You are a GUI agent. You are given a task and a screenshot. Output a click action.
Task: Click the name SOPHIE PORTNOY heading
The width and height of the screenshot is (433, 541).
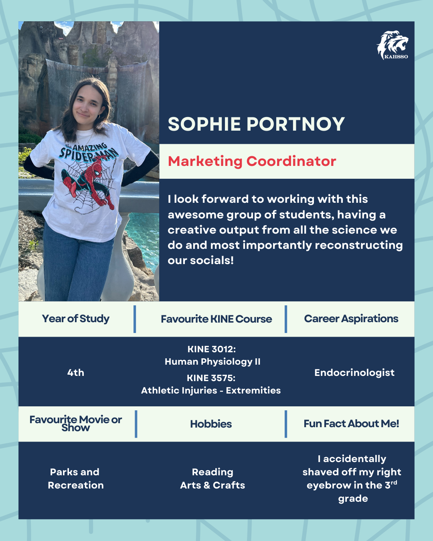click(256, 124)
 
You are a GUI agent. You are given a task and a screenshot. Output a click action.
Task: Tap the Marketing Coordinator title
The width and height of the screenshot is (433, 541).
click(252, 161)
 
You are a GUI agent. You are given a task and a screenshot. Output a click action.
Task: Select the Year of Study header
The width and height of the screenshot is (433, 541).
click(76, 319)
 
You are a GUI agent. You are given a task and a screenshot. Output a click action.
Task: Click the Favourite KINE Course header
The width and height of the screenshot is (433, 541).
click(216, 319)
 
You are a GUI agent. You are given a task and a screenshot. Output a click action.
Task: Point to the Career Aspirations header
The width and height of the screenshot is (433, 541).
click(351, 319)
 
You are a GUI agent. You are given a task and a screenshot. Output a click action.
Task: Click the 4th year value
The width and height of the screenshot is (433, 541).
click(76, 373)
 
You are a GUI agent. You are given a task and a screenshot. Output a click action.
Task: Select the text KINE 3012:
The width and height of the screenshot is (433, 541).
click(212, 349)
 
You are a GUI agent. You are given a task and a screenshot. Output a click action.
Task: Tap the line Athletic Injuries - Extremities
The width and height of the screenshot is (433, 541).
click(211, 390)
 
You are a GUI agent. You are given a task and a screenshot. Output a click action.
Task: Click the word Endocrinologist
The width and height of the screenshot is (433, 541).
click(354, 373)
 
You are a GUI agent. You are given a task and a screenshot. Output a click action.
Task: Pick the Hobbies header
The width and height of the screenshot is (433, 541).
click(211, 424)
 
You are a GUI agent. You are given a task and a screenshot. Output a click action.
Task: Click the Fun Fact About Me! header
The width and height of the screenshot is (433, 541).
click(351, 424)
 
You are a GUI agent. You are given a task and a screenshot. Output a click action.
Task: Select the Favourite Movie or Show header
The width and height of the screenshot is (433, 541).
click(76, 423)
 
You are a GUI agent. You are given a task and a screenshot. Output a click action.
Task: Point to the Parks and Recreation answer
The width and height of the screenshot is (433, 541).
click(75, 478)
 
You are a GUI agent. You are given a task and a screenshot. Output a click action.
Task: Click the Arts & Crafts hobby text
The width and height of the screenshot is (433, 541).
click(212, 485)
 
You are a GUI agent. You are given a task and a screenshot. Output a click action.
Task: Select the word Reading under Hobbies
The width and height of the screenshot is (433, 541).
click(212, 472)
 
